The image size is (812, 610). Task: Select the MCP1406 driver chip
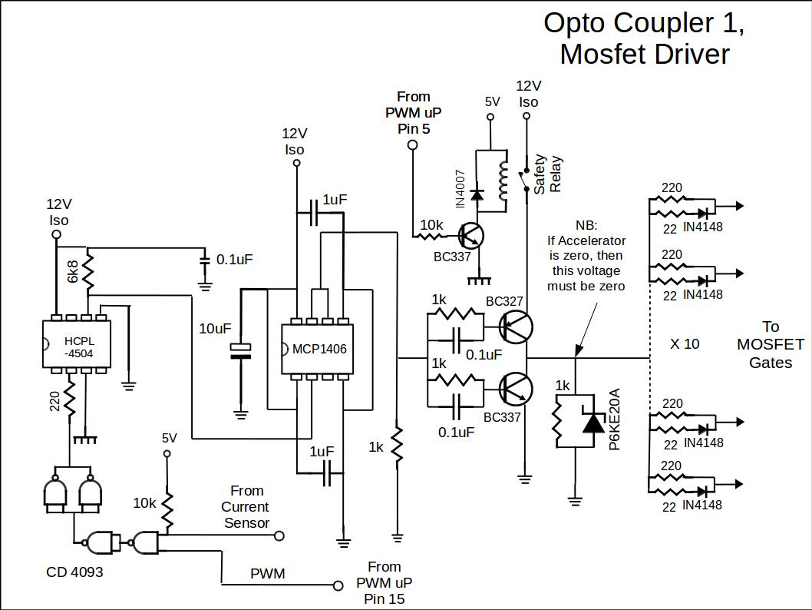click(319, 349)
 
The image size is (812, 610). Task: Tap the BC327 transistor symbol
click(515, 327)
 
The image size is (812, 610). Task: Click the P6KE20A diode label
click(614, 419)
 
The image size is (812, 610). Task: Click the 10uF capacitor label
click(215, 329)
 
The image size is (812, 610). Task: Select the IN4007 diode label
click(460, 188)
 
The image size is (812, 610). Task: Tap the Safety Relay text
click(548, 175)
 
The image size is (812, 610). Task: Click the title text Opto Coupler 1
click(644, 23)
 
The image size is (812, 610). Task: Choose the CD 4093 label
click(74, 572)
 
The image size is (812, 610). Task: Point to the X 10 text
click(685, 343)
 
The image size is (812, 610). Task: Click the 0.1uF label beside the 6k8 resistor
click(235, 259)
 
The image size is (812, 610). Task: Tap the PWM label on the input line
click(267, 574)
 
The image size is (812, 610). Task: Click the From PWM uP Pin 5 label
click(414, 112)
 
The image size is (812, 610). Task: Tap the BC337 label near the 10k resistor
click(452, 257)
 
